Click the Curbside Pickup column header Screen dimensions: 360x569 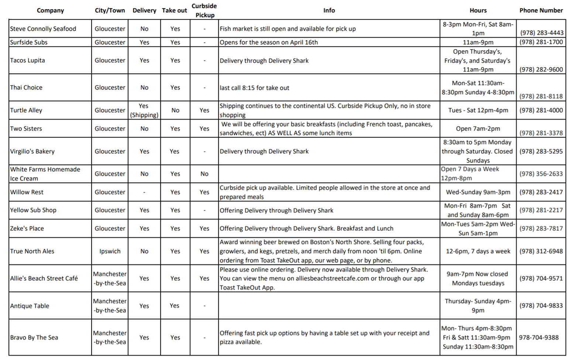pyautogui.click(x=204, y=10)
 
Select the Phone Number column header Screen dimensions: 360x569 pyautogui.click(x=541, y=10)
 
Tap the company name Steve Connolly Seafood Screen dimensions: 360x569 pyautogui.click(x=43, y=29)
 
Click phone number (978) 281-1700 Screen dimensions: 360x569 pyautogui.click(x=541, y=42)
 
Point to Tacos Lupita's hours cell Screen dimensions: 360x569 pyautogui.click(x=477, y=60)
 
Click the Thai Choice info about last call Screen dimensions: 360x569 pyautogui.click(x=254, y=88)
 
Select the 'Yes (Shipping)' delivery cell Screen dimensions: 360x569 pyautogui.click(x=144, y=110)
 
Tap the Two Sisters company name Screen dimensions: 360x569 pyautogui.click(x=26, y=129)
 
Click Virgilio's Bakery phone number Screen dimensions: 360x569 pyautogui.click(x=541, y=151)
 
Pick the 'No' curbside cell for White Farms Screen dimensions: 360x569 pyautogui.click(x=204, y=174)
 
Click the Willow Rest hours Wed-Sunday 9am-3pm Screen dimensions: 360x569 pyautogui.click(x=478, y=192)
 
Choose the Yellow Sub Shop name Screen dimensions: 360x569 pyautogui.click(x=33, y=210)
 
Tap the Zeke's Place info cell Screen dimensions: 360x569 pyautogui.click(x=306, y=229)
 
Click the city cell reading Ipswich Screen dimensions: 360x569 pyautogui.click(x=110, y=251)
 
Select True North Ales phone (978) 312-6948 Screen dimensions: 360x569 pyautogui.click(x=541, y=251)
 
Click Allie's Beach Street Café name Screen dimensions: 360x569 pyautogui.click(x=44, y=278)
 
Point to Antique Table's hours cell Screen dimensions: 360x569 pyautogui.click(x=478, y=306)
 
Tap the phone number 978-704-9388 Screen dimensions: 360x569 pyautogui.click(x=539, y=337)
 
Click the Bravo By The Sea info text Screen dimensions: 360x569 pyautogui.click(x=324, y=337)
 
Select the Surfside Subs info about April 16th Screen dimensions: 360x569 pyautogui.click(x=269, y=42)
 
